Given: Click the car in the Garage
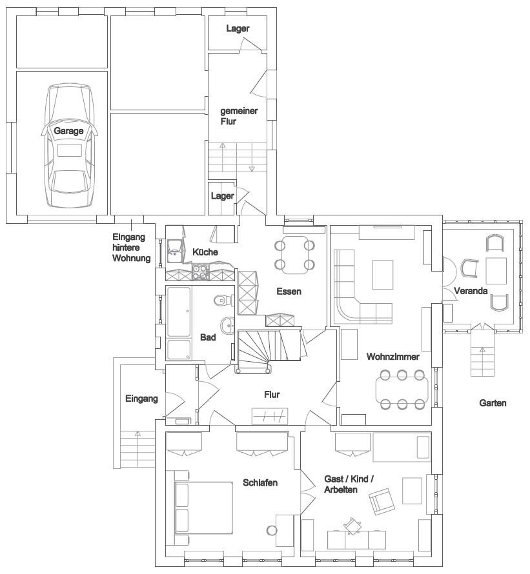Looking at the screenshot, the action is [x=69, y=146].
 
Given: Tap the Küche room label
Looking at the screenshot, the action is [x=205, y=252].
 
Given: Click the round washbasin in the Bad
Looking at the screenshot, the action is [x=228, y=325].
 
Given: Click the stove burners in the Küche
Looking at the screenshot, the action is [x=200, y=272].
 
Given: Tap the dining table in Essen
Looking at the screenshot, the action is [x=295, y=255].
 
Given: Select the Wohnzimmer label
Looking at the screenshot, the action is [x=393, y=356].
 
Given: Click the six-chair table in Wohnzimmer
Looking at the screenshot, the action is [x=402, y=390].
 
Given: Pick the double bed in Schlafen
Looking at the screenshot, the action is [x=204, y=508].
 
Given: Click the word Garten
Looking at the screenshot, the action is [x=493, y=402].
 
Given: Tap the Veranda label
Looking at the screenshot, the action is [x=471, y=291].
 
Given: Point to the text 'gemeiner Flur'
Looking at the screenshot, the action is [x=239, y=116].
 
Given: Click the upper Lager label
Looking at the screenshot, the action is [x=238, y=28].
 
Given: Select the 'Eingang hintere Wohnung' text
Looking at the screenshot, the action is [x=131, y=248].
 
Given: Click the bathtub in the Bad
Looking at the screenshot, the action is [x=179, y=312].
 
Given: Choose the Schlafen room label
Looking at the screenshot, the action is [x=260, y=482].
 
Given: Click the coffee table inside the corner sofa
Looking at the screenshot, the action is [x=383, y=275].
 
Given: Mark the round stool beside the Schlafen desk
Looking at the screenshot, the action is [x=272, y=530].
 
